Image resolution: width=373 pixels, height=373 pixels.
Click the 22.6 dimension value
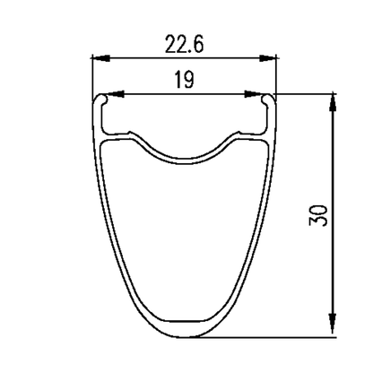point(184,44)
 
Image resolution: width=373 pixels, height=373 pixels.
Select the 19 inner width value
point(185,80)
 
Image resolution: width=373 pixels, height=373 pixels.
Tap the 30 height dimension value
point(318,215)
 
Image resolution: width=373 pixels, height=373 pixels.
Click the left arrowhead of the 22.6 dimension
point(101,58)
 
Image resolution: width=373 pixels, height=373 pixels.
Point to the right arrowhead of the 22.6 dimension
point(267,58)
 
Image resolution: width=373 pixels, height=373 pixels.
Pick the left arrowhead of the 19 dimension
point(116,94)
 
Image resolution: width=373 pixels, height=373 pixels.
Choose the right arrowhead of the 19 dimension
point(253,94)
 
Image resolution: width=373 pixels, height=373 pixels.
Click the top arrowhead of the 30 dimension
point(333,102)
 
